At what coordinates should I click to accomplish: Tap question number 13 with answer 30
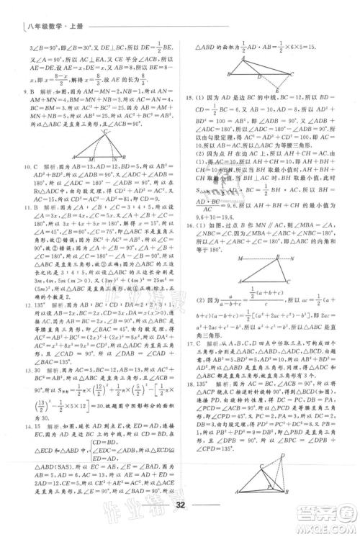[27, 360]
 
